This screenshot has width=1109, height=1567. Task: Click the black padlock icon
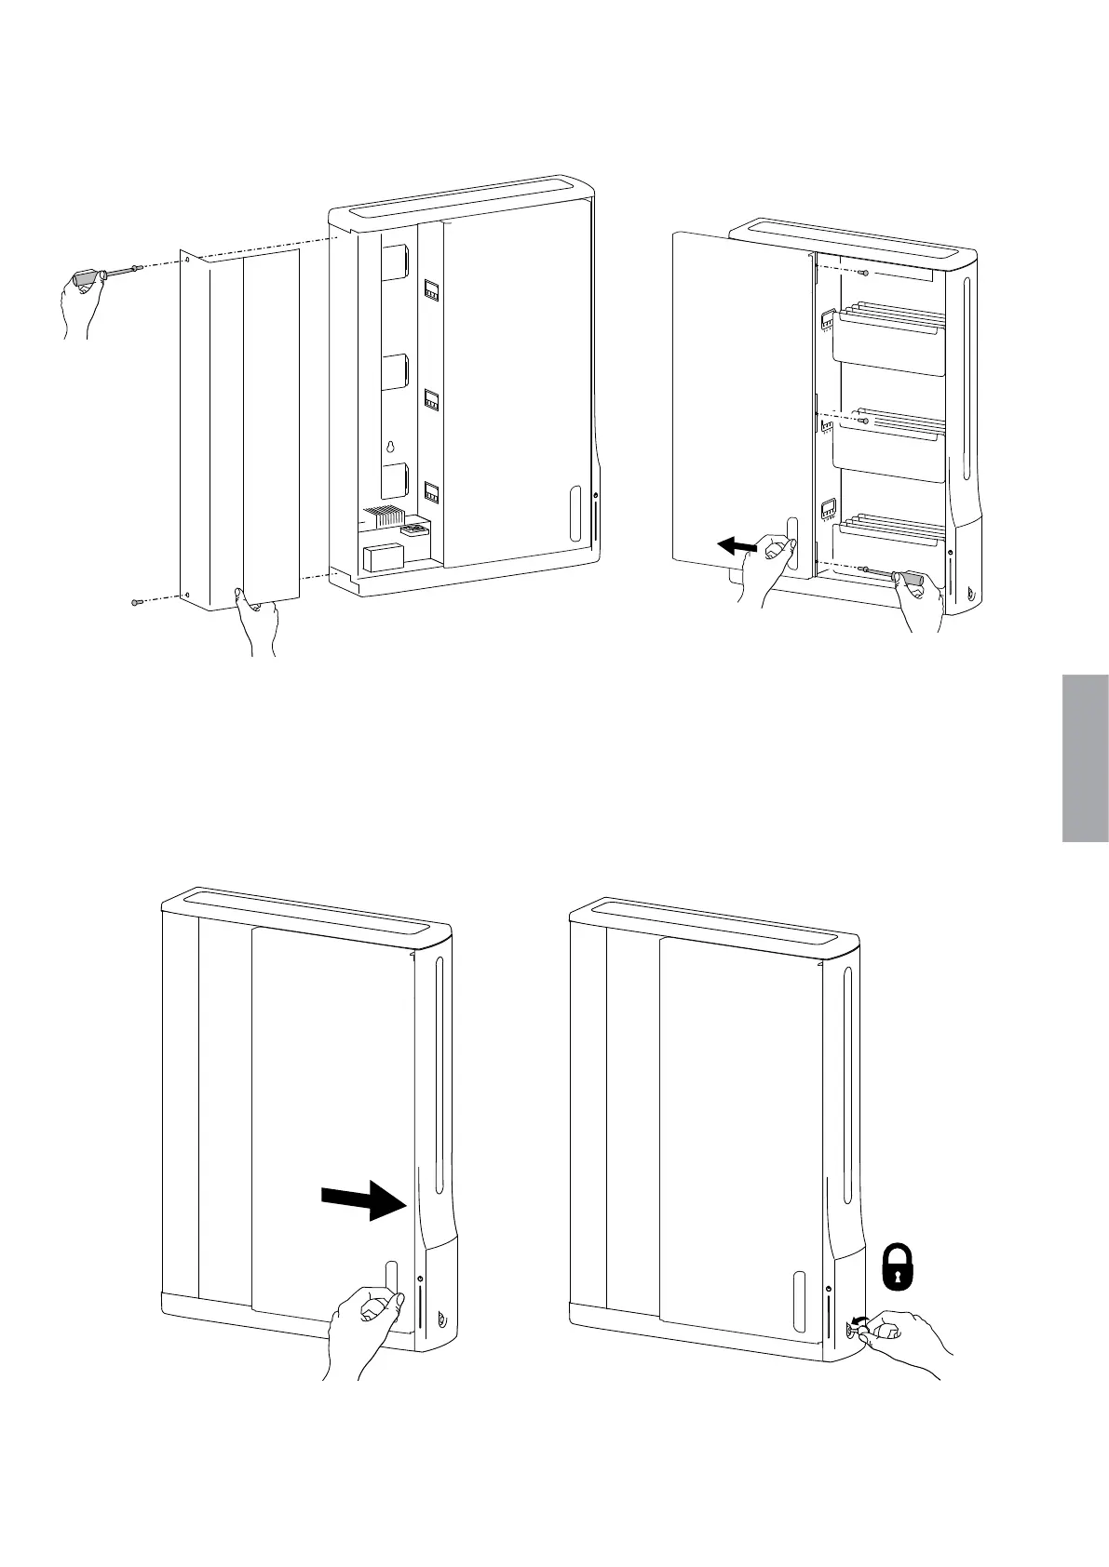pyautogui.click(x=898, y=1267)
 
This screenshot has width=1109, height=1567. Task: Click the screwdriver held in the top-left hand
pyautogui.click(x=105, y=274)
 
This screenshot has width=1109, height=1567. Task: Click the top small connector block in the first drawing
pyautogui.click(x=432, y=289)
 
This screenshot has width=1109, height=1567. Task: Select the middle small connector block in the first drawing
pyautogui.click(x=432, y=400)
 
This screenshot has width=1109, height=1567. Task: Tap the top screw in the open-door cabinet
pyautogui.click(x=867, y=272)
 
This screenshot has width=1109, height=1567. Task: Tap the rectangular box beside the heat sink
pyautogui.click(x=378, y=557)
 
